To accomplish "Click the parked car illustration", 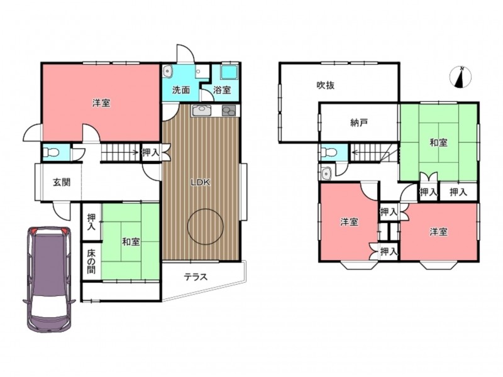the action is point(49,279).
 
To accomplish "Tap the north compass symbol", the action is point(461,77).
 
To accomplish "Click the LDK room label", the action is point(200,183).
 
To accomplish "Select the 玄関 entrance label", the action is point(62,182).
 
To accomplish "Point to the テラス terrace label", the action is point(196,276).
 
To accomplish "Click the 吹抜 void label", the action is point(326,85).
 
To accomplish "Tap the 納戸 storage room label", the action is point(359,123).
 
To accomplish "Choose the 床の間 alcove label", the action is point(91,261).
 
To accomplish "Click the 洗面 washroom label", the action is point(181,90).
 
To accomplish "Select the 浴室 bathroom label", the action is point(222,90).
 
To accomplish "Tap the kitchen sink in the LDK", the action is point(201,111).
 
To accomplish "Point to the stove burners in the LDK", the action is point(229,111).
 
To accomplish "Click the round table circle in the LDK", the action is point(206,227).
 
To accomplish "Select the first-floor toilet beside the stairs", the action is point(51,152).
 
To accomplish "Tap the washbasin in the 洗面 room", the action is point(168,71).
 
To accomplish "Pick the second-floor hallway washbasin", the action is point(326,173).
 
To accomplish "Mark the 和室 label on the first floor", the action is point(131,242).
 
